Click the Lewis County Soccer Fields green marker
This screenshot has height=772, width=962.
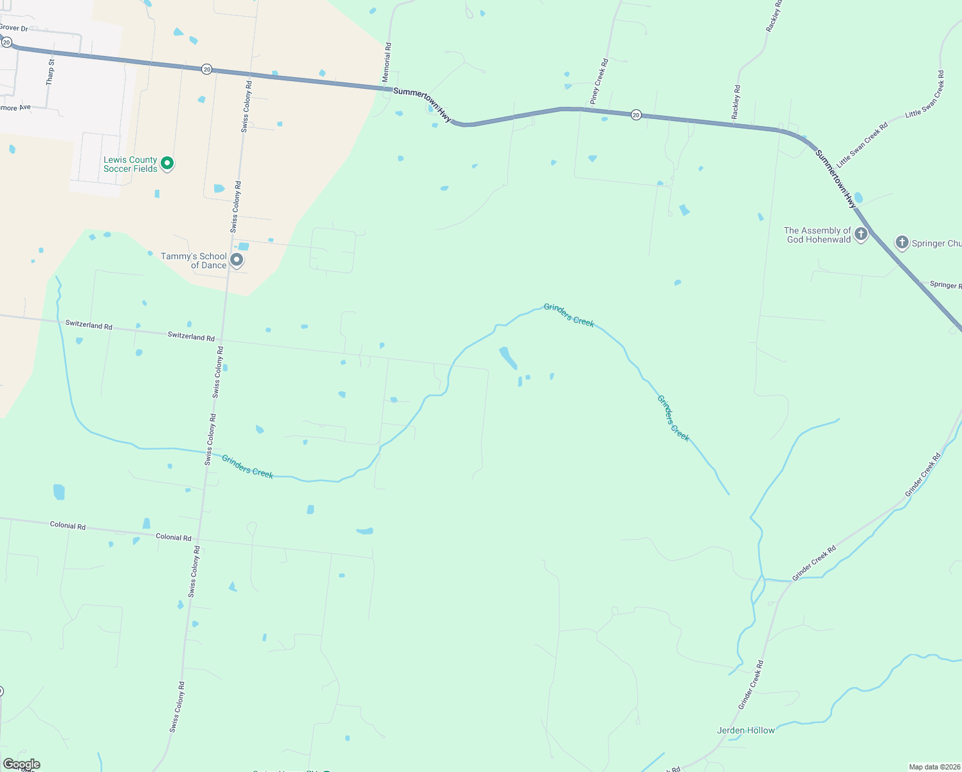pos(167,163)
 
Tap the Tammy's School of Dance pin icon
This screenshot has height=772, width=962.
pos(237,260)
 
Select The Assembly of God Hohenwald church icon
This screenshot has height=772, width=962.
pos(861,234)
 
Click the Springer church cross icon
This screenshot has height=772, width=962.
pos(902,243)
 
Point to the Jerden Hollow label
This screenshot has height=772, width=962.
pos(746,730)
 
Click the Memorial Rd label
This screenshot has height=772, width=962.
pos(386,62)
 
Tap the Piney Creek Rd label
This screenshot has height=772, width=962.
pos(599,82)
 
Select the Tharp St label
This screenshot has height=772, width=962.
pos(50,72)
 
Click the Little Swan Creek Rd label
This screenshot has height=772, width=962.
pos(862,145)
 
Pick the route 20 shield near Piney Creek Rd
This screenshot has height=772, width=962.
pos(636,115)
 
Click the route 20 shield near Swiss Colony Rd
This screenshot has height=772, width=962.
pos(206,69)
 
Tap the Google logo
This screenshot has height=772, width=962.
pos(21,764)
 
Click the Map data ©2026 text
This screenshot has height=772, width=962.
pos(934,767)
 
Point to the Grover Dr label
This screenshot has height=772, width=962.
pos(14,28)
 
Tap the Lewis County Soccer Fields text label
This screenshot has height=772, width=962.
pos(131,164)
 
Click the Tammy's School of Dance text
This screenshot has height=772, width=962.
pos(194,261)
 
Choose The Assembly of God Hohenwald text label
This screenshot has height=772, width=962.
pos(817,235)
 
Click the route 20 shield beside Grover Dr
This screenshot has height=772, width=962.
pos(6,42)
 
